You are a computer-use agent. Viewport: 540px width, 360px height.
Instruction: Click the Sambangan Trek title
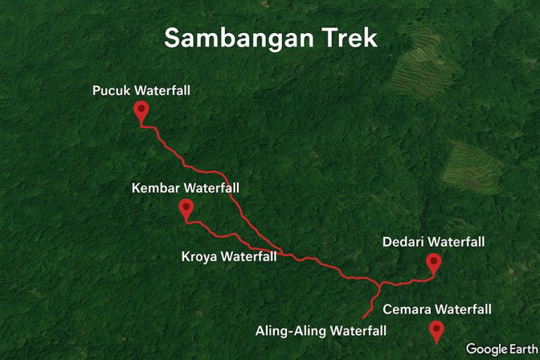[271, 39]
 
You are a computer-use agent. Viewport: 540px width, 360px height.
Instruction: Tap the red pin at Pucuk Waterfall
[141, 110]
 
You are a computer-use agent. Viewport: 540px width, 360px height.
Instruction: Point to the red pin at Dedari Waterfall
[434, 264]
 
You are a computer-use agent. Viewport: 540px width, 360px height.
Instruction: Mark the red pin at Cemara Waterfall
[437, 330]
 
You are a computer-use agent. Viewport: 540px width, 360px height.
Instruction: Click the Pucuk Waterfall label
[141, 91]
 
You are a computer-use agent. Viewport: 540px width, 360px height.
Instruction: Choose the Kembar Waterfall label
[186, 188]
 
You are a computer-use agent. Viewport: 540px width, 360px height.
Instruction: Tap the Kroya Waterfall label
[229, 257]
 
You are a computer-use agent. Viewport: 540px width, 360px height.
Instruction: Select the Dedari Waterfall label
[433, 243]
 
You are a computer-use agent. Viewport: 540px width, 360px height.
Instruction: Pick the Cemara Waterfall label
[437, 309]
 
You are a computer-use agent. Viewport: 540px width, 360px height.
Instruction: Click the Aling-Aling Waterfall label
[321, 330]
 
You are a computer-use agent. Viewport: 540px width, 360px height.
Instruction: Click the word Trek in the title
[351, 39]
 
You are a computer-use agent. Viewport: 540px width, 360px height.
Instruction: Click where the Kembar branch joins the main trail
[282, 252]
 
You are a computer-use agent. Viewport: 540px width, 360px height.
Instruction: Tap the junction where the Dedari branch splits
[380, 285]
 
